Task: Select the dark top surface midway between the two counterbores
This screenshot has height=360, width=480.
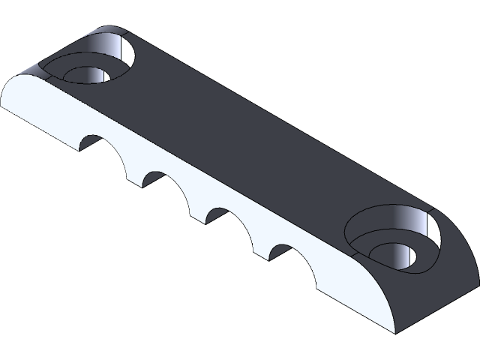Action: click(x=247, y=135)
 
